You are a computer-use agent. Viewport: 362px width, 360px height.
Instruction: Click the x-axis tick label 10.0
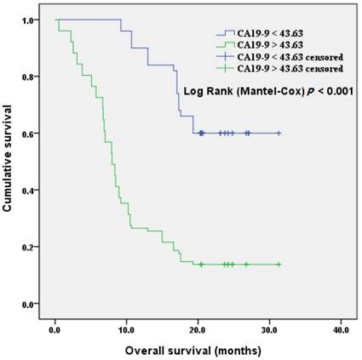[126, 329]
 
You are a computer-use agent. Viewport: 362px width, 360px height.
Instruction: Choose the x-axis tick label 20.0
[198, 329]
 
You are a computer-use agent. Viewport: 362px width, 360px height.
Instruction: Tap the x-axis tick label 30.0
[268, 329]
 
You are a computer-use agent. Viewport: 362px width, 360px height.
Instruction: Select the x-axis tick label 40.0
[340, 329]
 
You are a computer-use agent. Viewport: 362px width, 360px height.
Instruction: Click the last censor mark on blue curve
[279, 133]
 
